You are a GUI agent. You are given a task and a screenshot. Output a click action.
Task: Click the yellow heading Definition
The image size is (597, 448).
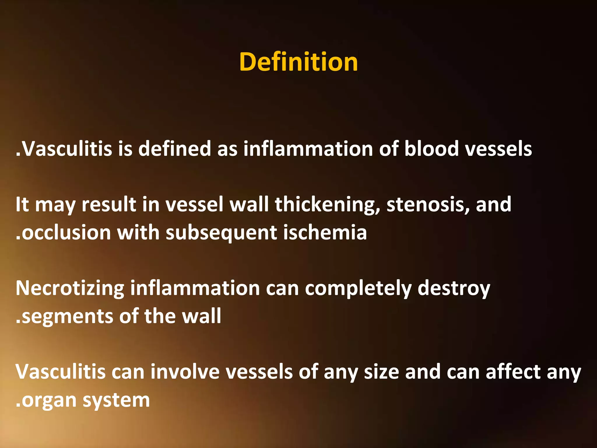tap(298, 62)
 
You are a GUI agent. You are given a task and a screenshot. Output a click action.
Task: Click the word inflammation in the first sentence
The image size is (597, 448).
tap(308, 149)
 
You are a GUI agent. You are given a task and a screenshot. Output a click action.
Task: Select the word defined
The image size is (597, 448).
tap(174, 149)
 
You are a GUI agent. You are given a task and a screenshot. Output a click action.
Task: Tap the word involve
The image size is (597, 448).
tap(185, 372)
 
